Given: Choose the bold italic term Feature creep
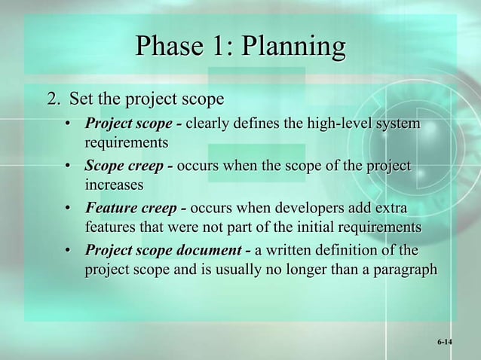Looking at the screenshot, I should tap(135, 209).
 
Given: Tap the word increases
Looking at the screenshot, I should tap(113, 184).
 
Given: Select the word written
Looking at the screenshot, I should tap(291, 250).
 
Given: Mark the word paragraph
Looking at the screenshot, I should tap(402, 269).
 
